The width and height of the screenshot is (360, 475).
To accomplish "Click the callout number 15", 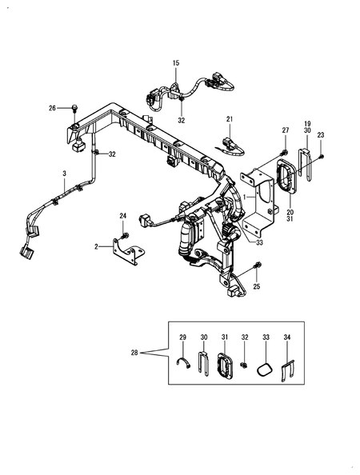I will pyautogui.click(x=177, y=62).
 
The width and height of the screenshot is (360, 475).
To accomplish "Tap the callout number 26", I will pyautogui.click(x=52, y=108).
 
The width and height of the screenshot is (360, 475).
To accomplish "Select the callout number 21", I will pyautogui.click(x=229, y=120).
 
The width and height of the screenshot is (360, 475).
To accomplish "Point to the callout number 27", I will pyautogui.click(x=285, y=130).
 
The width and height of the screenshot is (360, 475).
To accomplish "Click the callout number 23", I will pyautogui.click(x=322, y=135).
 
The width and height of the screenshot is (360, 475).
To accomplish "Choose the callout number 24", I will pyautogui.click(x=123, y=216).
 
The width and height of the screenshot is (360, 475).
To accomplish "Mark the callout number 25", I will pyautogui.click(x=256, y=285).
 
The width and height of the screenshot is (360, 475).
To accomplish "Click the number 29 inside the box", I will pyautogui.click(x=182, y=339).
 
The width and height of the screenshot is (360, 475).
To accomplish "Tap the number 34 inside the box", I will pyautogui.click(x=287, y=339).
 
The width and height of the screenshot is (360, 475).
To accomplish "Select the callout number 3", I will pyautogui.click(x=64, y=174).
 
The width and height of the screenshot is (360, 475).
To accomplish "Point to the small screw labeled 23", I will pyautogui.click(x=320, y=157).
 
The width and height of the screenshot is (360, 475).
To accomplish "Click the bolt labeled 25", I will pyautogui.click(x=256, y=266).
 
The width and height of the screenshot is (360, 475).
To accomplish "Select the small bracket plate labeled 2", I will pyautogui.click(x=128, y=249).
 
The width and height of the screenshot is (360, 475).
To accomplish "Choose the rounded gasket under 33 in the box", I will pyautogui.click(x=266, y=367).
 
